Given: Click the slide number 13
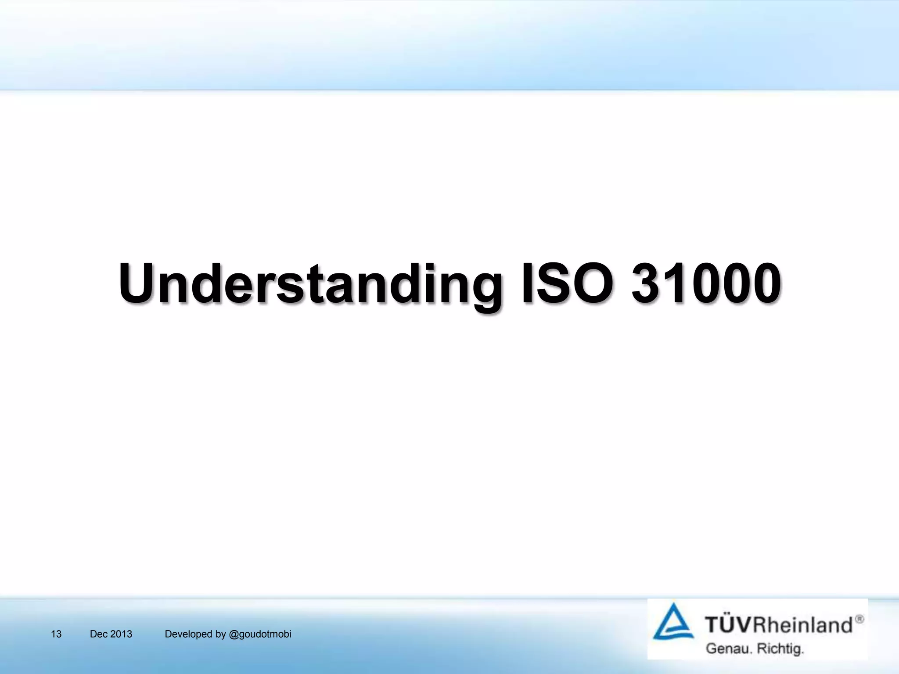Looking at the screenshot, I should pos(56,634).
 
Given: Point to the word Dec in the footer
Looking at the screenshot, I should pos(99,634).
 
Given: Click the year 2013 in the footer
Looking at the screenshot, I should pos(121,634).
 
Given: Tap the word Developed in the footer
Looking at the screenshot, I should pos(188,634).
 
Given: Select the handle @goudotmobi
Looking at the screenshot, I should pos(260,634).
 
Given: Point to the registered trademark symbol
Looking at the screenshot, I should pos(859,619).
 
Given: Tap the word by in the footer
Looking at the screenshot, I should pos(221,634).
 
